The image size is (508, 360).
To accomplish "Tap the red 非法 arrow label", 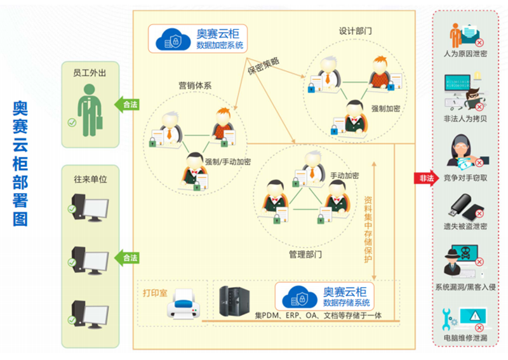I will pyautogui.click(x=425, y=178).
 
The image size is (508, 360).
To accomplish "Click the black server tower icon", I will pyautogui.click(x=232, y=302).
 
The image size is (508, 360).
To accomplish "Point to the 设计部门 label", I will pyautogui.click(x=355, y=30).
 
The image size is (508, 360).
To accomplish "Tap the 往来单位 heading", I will pyautogui.click(x=90, y=180).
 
